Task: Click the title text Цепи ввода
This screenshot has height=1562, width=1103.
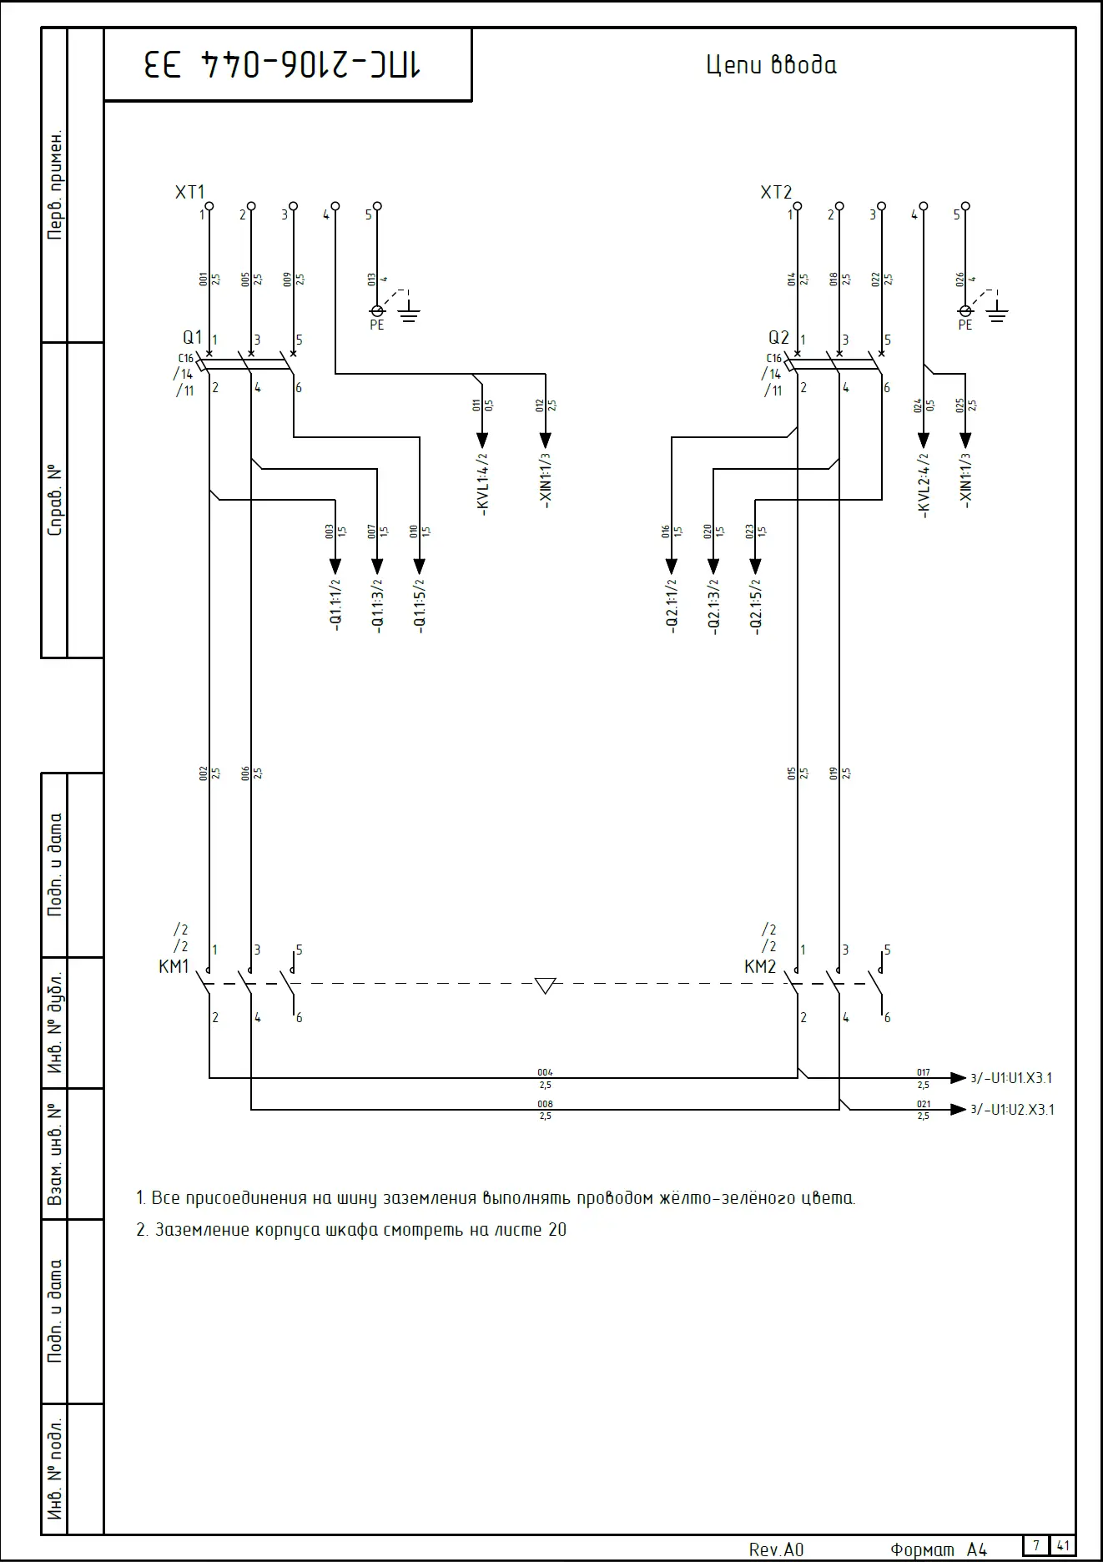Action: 771,65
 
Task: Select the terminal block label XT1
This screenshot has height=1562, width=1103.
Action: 189,193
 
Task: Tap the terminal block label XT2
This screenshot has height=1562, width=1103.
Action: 776,193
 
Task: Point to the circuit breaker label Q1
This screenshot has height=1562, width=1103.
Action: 193,337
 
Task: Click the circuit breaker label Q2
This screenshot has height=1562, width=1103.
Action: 778,337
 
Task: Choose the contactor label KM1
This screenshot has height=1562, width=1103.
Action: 174,967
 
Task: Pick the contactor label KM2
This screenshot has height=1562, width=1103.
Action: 760,967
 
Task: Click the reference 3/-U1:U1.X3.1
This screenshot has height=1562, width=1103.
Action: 1011,1078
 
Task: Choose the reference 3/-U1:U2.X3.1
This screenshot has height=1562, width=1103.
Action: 1012,1110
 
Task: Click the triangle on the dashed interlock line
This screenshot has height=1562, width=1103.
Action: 545,986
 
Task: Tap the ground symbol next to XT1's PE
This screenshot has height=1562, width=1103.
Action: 408,315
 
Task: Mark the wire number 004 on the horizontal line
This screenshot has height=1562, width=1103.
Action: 545,1072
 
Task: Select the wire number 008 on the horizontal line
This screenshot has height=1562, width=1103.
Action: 545,1104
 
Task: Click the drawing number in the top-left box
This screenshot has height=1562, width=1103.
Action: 283,65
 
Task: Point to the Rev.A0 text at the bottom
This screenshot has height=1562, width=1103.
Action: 776,1550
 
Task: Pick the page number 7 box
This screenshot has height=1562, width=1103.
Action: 1036,1545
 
